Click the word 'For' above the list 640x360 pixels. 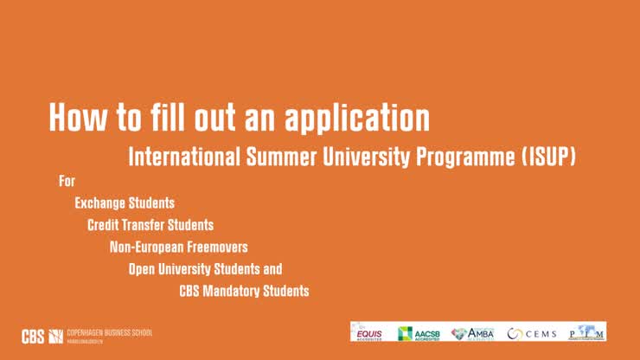[x=67, y=182]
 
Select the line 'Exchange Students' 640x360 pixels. [x=125, y=203]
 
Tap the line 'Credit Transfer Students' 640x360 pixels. [x=150, y=225]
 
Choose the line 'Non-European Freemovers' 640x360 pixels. [x=179, y=247]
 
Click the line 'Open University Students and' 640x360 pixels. [x=205, y=269]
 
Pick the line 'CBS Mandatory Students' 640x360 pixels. [x=244, y=291]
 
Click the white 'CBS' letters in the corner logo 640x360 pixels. [x=33, y=336]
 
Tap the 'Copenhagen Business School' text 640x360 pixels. [x=109, y=332]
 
